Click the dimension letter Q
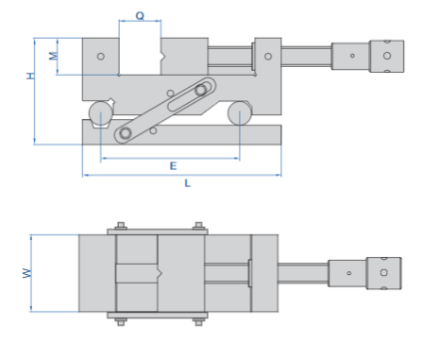pos(140,15)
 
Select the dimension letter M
pos(54,56)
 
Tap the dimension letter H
pos(30,76)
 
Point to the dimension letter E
pos(173,165)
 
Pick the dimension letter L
pos(187,183)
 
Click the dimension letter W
pos(27,273)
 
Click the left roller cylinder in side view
pos(101,113)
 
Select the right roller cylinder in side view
pos(240,113)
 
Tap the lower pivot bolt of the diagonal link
pos(126,133)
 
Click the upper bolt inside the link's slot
pos(200,90)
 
